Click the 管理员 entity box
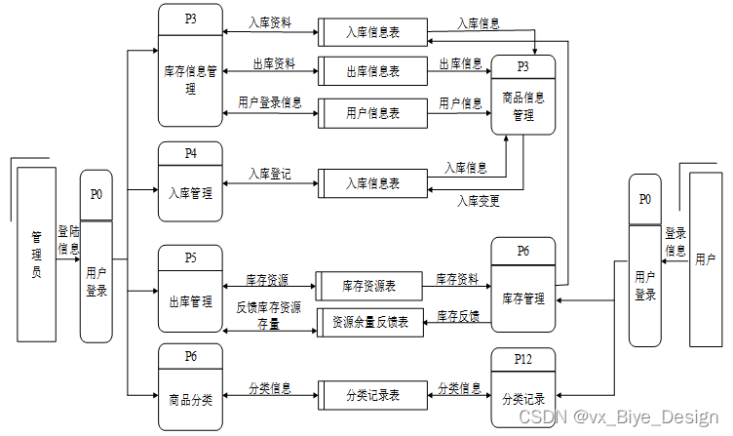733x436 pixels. [36, 256]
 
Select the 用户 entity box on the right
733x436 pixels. [705, 259]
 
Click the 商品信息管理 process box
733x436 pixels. [523, 105]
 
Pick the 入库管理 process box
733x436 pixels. [190, 193]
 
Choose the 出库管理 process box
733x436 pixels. [190, 301]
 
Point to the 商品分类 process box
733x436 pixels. [190, 398]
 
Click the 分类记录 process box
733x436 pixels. [523, 399]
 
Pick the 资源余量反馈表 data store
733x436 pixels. [371, 321]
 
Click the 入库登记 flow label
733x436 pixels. [269, 175]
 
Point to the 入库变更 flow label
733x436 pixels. [479, 201]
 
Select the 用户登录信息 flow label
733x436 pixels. [270, 102]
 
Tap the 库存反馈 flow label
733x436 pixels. [458, 316]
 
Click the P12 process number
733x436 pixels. [523, 360]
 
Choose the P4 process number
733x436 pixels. [190, 153]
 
